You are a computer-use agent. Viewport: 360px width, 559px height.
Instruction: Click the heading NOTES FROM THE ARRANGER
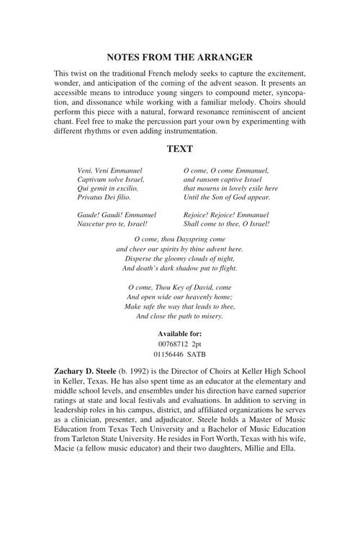pos(179,56)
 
